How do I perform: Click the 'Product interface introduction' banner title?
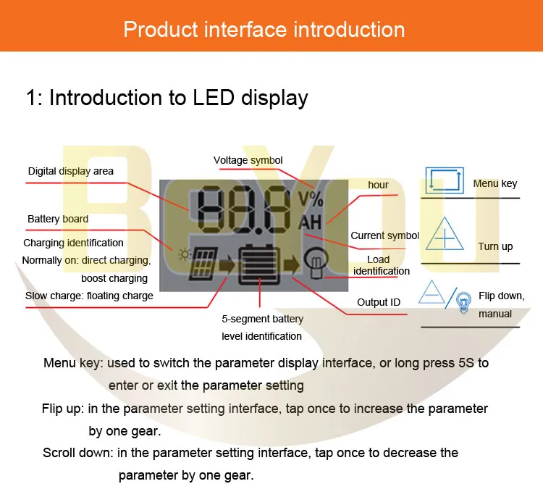(264, 29)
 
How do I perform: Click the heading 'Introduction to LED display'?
(167, 98)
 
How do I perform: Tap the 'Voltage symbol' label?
(248, 160)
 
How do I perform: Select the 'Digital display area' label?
(71, 172)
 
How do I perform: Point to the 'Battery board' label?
(58, 219)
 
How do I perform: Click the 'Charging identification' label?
(73, 243)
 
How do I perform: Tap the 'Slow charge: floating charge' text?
(89, 296)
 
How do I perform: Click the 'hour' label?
(378, 185)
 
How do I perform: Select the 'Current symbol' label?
(384, 235)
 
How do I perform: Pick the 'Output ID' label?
(379, 302)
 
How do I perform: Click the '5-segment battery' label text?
(262, 319)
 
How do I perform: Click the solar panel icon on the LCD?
(201, 267)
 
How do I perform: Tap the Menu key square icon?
(443, 180)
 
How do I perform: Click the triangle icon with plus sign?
(444, 238)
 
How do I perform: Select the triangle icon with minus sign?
(433, 293)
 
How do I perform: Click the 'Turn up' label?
(495, 246)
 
